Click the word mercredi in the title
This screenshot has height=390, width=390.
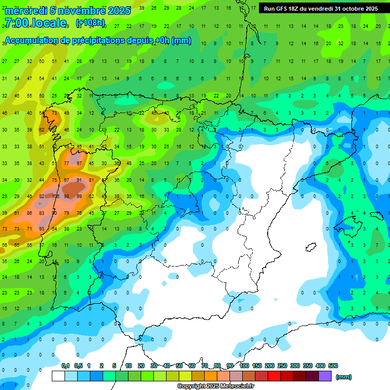[x=26, y=10]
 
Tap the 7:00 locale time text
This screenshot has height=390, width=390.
[x=35, y=23]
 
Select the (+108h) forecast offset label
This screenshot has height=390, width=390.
[x=90, y=23]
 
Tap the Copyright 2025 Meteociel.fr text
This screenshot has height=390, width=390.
[x=215, y=386]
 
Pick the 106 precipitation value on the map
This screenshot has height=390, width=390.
[x=54, y=197]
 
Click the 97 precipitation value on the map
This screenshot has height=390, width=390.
[x=79, y=164]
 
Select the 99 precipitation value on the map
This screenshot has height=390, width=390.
[x=79, y=197]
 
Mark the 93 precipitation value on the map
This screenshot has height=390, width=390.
[x=42, y=229]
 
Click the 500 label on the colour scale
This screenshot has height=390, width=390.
[x=333, y=366]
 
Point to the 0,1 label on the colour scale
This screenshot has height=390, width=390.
[x=66, y=366]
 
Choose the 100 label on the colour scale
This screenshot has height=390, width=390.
[x=244, y=366]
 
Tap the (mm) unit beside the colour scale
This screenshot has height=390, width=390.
[x=344, y=377]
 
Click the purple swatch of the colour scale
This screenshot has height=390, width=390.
[x=325, y=376]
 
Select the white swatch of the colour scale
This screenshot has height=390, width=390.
[x=58, y=376]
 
